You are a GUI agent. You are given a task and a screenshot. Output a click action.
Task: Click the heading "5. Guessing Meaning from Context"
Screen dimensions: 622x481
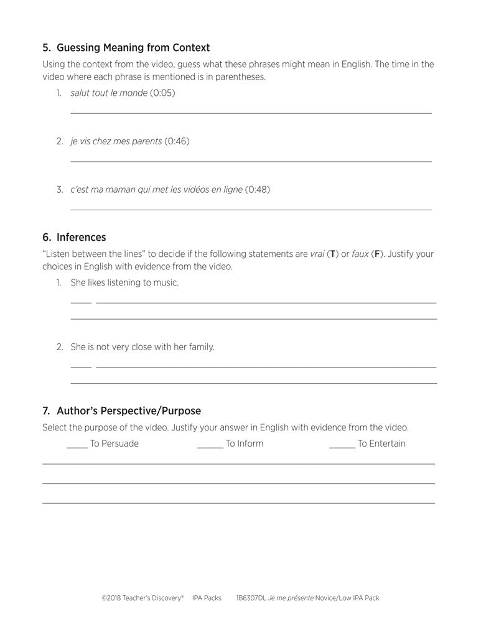point(126,47)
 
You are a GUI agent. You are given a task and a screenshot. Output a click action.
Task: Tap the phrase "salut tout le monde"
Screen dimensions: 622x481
point(109,93)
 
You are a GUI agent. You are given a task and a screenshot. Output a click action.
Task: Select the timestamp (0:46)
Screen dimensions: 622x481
point(177,141)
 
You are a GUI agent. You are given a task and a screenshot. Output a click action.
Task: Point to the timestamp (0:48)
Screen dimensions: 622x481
point(258,189)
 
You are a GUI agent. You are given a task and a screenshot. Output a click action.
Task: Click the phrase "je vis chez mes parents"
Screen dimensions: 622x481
point(116,141)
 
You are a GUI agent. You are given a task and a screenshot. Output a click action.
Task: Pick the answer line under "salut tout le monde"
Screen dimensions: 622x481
point(251,113)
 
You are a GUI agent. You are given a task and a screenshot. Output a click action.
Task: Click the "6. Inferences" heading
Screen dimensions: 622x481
point(74,237)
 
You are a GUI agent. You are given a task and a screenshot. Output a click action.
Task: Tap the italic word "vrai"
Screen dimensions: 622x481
point(317,254)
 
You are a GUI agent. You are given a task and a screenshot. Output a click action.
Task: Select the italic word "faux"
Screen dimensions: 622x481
point(360,254)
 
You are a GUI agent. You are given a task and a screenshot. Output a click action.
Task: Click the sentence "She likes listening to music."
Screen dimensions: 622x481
point(124,282)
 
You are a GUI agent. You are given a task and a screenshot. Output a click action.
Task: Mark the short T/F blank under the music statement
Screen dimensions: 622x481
point(81,302)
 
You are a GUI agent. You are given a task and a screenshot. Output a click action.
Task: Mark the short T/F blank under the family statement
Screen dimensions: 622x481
point(81,367)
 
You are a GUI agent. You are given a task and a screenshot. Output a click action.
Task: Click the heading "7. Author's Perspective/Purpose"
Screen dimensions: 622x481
point(121,411)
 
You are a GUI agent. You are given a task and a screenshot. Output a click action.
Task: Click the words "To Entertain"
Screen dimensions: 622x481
point(381,443)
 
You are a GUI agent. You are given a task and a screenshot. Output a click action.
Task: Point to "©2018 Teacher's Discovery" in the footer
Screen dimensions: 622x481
point(142,598)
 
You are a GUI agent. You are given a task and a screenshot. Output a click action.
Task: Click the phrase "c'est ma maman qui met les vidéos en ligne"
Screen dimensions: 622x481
point(156,189)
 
